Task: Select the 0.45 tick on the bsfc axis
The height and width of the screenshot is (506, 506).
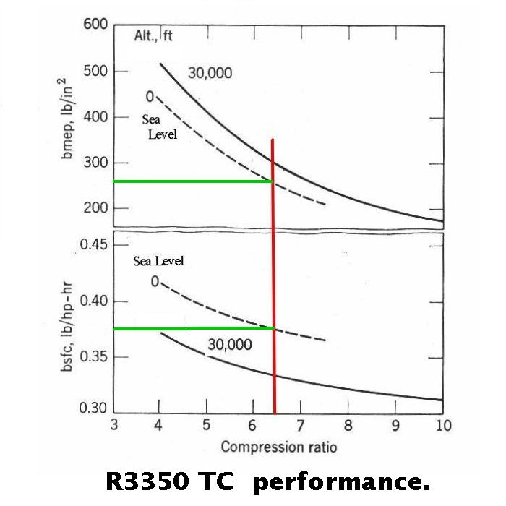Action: (95, 244)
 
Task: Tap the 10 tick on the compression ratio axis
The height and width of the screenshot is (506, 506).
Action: (442, 425)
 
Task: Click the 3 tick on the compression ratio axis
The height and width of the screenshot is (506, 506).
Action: (114, 425)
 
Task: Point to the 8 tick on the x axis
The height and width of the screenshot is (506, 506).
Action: (348, 425)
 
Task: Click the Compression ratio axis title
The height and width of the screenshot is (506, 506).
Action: (279, 446)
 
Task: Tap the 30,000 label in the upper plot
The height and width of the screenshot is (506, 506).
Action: (211, 72)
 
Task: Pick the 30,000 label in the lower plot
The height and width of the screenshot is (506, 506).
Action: (230, 345)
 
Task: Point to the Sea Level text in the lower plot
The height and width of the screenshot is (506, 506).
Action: (158, 261)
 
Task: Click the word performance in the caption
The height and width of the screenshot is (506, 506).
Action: (341, 481)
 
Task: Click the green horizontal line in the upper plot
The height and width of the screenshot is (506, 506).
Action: (192, 181)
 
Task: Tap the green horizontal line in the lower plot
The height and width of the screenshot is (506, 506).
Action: (192, 328)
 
